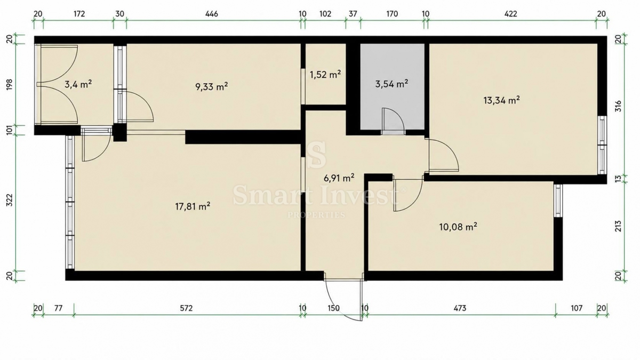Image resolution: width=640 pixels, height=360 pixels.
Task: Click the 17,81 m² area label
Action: coord(193,206)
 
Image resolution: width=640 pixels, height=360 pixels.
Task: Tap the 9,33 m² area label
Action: coord(212,86)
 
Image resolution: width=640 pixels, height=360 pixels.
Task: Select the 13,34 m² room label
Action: coord(501,100)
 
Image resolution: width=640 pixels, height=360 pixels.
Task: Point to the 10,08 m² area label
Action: coord(458,227)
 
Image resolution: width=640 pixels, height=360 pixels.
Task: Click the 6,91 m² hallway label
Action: coord(339,178)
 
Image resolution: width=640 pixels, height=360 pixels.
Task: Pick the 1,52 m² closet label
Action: coord(325,75)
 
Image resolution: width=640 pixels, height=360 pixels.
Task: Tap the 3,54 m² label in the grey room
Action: coord(391,84)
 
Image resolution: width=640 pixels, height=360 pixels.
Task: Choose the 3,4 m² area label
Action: coord(78,84)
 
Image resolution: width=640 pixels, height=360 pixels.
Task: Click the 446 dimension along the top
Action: coord(212,14)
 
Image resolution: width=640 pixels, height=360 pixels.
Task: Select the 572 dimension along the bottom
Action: coord(186,308)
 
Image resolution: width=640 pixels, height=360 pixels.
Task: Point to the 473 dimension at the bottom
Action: coord(460,308)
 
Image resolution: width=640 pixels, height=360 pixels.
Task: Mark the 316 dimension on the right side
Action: coord(618,106)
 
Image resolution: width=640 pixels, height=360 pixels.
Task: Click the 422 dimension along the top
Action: coord(511,14)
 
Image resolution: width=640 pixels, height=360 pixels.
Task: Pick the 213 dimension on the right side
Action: coord(618,226)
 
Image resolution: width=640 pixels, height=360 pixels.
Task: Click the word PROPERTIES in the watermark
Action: coord(316,215)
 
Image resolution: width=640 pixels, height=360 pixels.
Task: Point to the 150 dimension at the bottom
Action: coord(333,308)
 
